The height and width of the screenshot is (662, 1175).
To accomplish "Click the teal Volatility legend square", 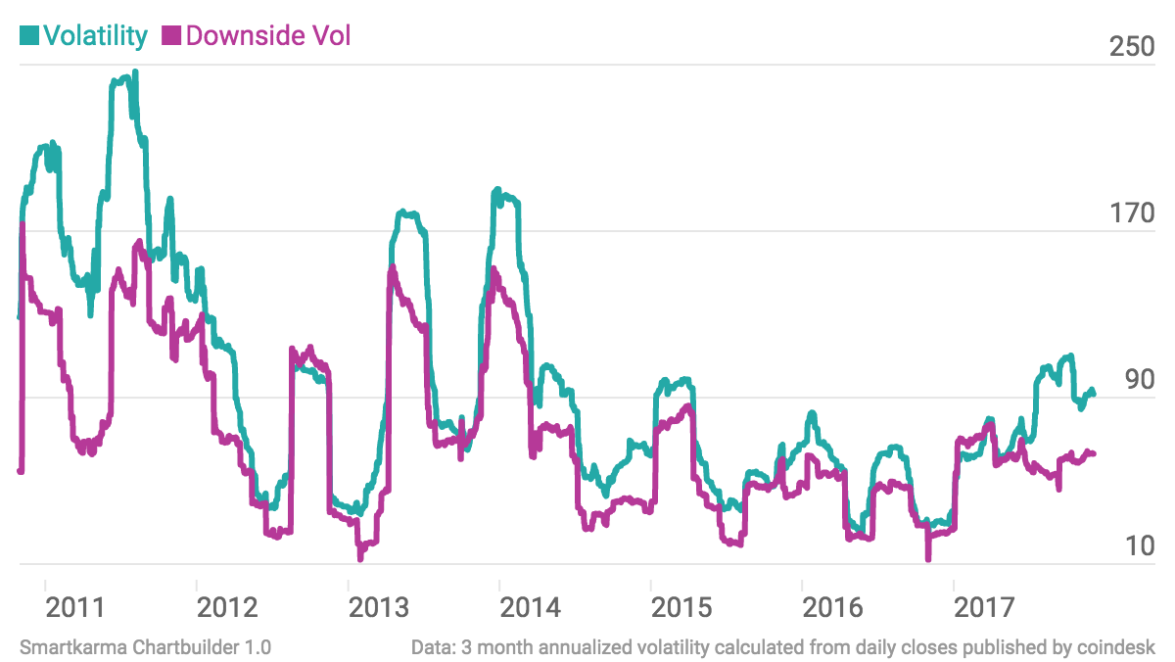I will [28, 36].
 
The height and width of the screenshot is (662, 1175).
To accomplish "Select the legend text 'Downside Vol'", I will [267, 36].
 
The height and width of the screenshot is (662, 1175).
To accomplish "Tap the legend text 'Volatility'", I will [95, 36].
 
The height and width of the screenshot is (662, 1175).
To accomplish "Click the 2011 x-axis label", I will [76, 607].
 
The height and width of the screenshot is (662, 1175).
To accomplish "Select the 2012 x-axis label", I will [227, 607].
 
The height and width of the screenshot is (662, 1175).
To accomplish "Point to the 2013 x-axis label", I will [379, 607].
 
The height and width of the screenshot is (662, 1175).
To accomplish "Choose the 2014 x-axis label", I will [531, 607].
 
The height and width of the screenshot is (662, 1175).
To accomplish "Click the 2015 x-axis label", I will [681, 607].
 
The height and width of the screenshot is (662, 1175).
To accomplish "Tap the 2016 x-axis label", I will [833, 607].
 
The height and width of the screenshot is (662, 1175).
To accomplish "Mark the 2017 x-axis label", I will [985, 607].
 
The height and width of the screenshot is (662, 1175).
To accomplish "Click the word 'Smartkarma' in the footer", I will [63, 647].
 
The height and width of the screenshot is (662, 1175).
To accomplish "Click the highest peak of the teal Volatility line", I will [134, 72].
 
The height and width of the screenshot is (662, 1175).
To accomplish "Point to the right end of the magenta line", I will [1093, 453].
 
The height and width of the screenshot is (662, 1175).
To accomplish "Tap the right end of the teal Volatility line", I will [1093, 394].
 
